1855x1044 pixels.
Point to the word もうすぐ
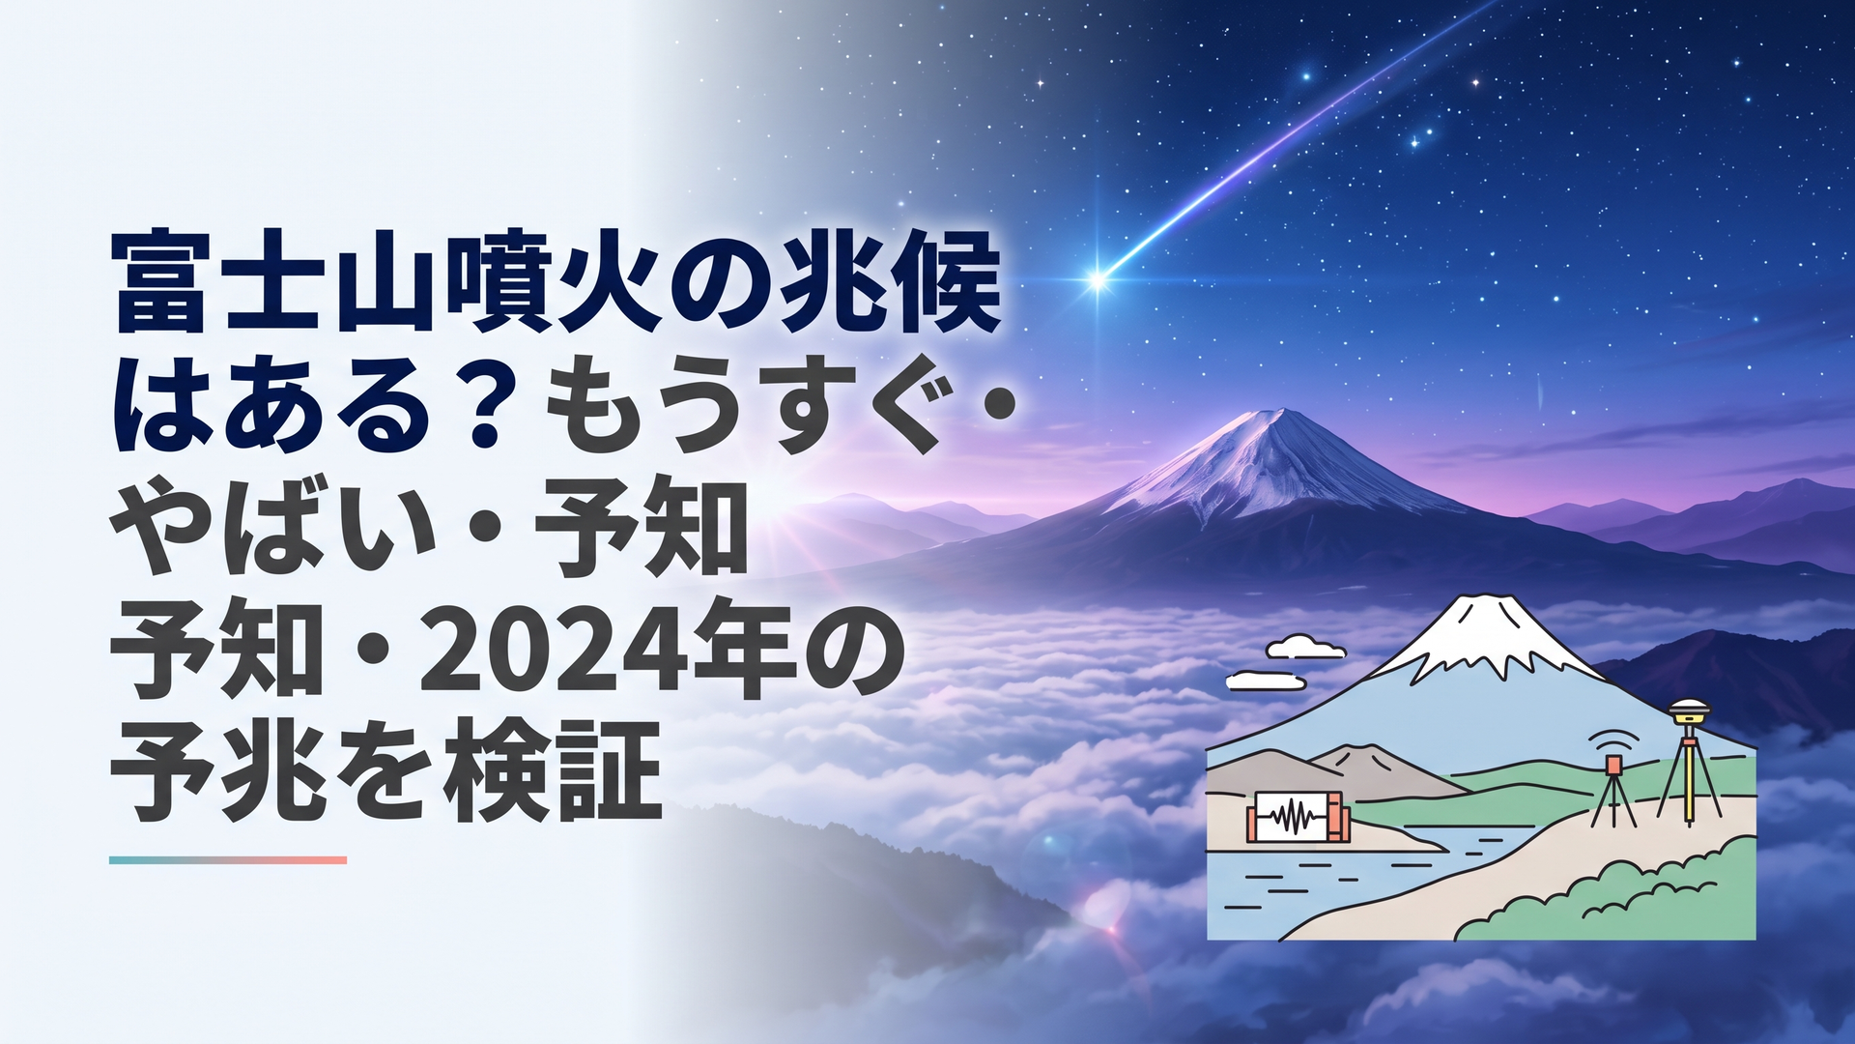pos(743,404)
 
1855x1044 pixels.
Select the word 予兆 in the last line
pos(218,770)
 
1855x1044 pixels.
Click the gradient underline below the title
pos(228,859)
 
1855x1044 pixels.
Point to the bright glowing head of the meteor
pos(1098,280)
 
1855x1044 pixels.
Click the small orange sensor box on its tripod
pos(1613,766)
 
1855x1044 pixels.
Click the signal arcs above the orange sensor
pos(1614,739)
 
